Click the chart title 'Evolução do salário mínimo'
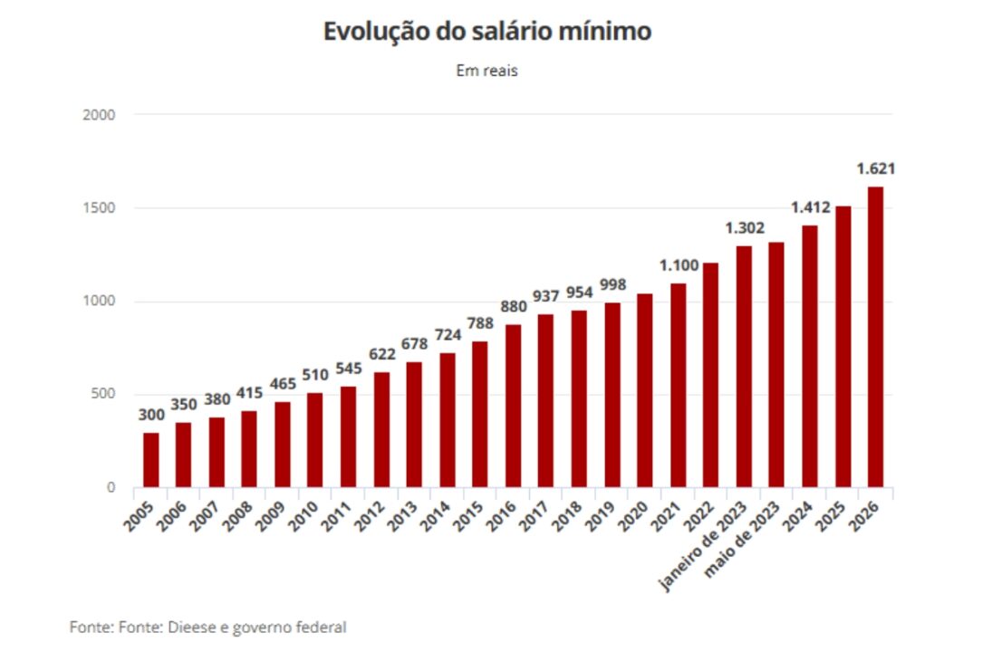487,32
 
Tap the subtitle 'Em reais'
487,71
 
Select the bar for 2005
151,460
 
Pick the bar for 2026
875,337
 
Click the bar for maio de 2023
776,365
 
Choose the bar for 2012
381,429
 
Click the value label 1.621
876,168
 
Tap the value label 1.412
810,207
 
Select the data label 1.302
744,228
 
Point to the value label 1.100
679,265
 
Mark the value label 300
151,415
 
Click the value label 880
513,307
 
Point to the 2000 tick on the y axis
100,115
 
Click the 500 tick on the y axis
104,394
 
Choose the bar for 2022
711,375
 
